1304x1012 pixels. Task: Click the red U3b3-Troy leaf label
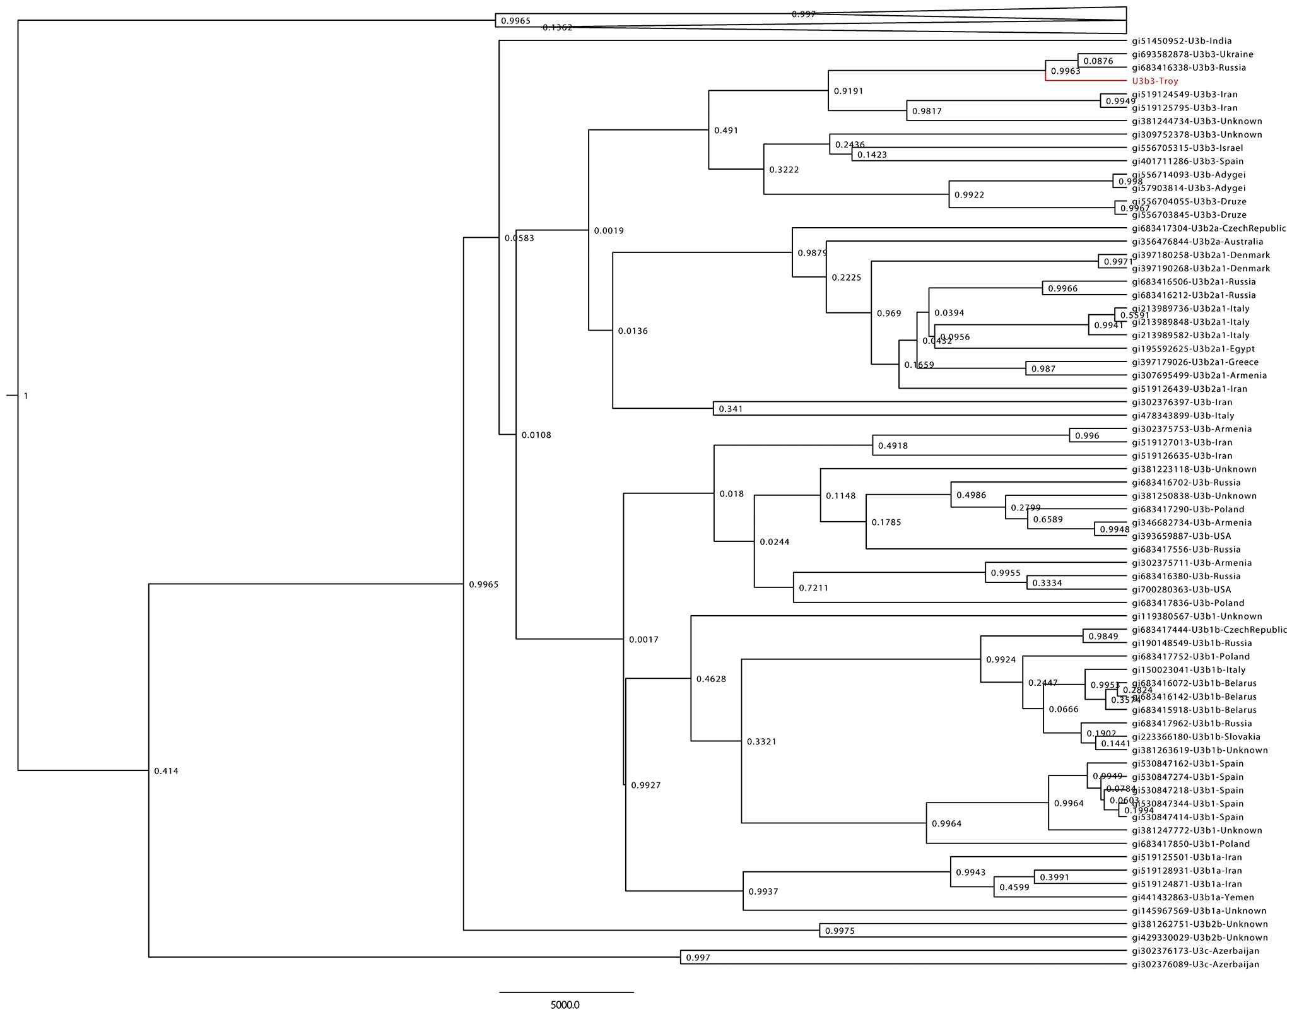[x=1154, y=81]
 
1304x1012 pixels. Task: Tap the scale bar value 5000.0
[x=565, y=1004]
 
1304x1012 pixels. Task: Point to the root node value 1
[x=26, y=396]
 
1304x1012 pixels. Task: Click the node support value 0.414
[x=167, y=771]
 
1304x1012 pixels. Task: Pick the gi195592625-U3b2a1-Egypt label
[x=1193, y=349]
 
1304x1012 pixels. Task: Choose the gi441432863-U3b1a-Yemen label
[x=1192, y=897]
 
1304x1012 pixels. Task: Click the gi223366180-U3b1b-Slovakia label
[x=1195, y=737]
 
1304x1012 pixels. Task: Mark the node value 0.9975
[x=840, y=931]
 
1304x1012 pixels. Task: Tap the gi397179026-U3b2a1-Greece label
[x=1195, y=362]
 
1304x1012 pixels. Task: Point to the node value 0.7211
[x=813, y=588]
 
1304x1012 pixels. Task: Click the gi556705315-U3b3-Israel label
[x=1187, y=148]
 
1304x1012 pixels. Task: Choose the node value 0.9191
[x=848, y=91]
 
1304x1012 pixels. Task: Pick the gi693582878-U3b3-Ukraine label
[x=1192, y=54]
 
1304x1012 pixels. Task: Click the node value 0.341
[x=731, y=409]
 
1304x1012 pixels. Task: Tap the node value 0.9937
[x=763, y=892]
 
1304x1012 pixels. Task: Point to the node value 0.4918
[x=893, y=446]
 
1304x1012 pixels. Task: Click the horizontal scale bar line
[x=566, y=992]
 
